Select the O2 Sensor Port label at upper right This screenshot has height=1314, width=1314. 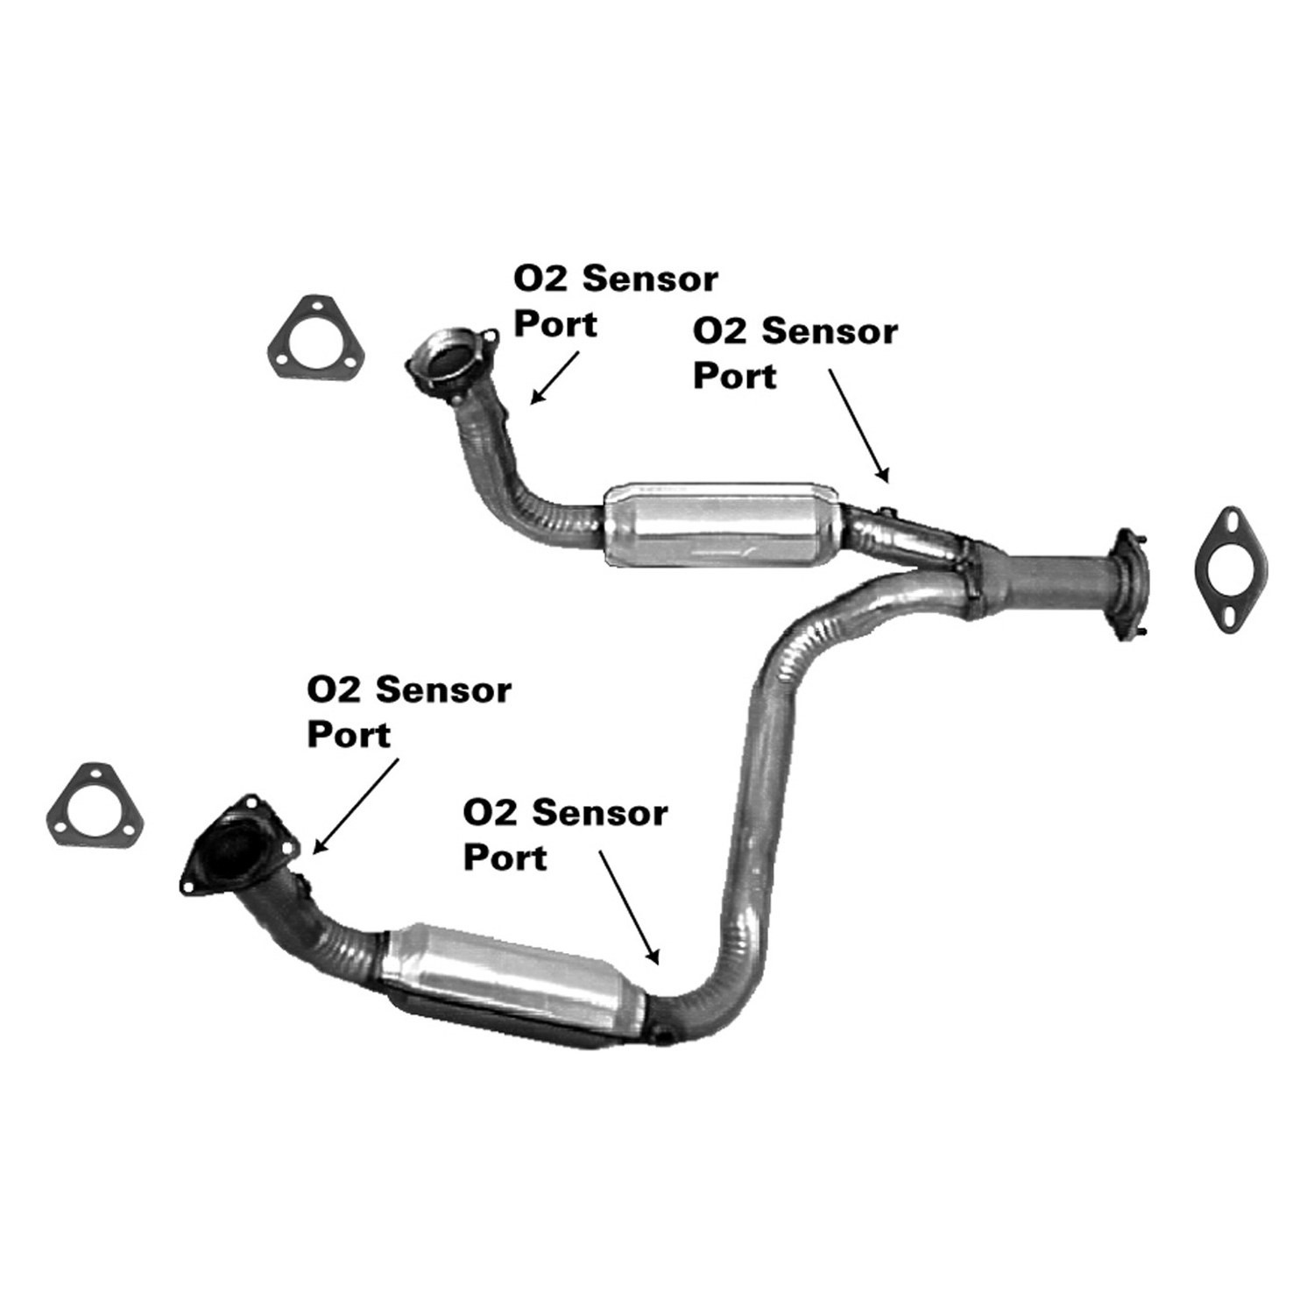click(x=795, y=354)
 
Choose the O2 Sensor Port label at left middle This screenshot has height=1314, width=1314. click(x=408, y=712)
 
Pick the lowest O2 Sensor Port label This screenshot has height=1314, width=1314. click(x=565, y=835)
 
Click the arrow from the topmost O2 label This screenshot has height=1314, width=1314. click(x=555, y=378)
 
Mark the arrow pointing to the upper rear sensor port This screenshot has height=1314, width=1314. click(x=859, y=426)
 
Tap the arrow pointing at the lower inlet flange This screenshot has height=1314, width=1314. click(x=356, y=806)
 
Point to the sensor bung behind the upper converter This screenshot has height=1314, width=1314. click(x=886, y=512)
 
